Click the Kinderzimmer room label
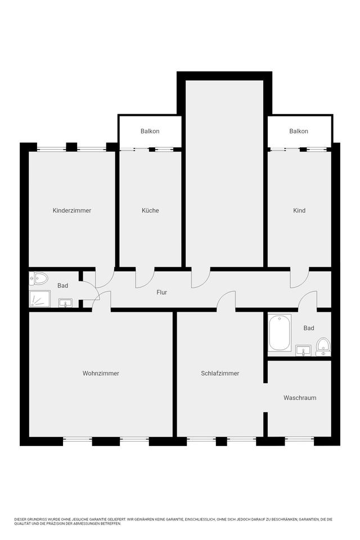[x=71, y=210]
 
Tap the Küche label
[x=150, y=210]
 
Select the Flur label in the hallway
[x=161, y=292]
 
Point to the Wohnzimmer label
[x=101, y=373]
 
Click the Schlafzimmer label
[x=220, y=373]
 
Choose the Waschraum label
[x=299, y=398]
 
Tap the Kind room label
[x=299, y=210]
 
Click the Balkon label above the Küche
[x=150, y=131]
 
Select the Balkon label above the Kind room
[x=299, y=131]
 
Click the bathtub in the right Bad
[x=280, y=333]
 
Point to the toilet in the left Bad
[x=40, y=278]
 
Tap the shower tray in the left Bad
[x=40, y=299]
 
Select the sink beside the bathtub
[x=304, y=350]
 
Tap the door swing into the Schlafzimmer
[x=226, y=300]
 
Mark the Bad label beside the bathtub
[x=309, y=328]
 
